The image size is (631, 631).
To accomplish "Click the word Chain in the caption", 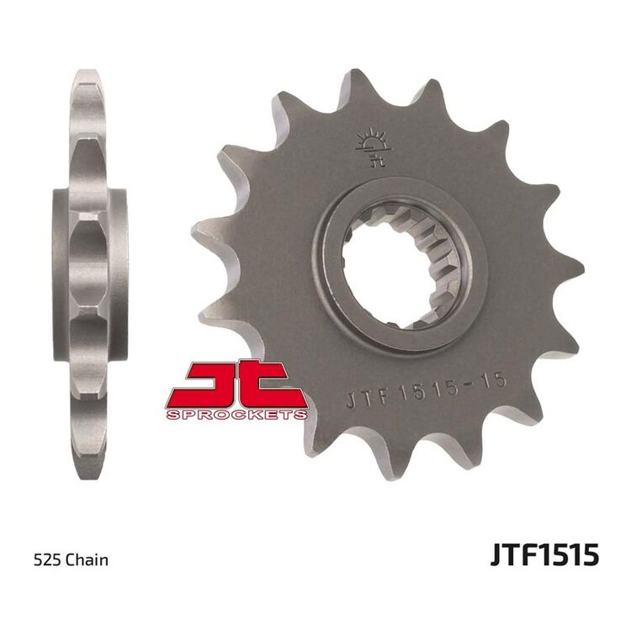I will click(85, 559).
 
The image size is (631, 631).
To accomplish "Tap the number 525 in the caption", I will click(45, 559).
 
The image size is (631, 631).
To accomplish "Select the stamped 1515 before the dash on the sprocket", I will click(425, 394).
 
